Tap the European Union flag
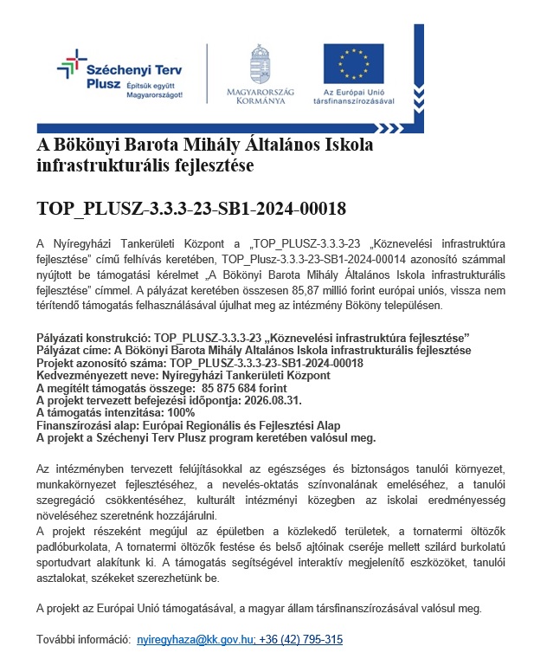tap(353, 62)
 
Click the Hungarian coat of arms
tap(261, 63)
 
